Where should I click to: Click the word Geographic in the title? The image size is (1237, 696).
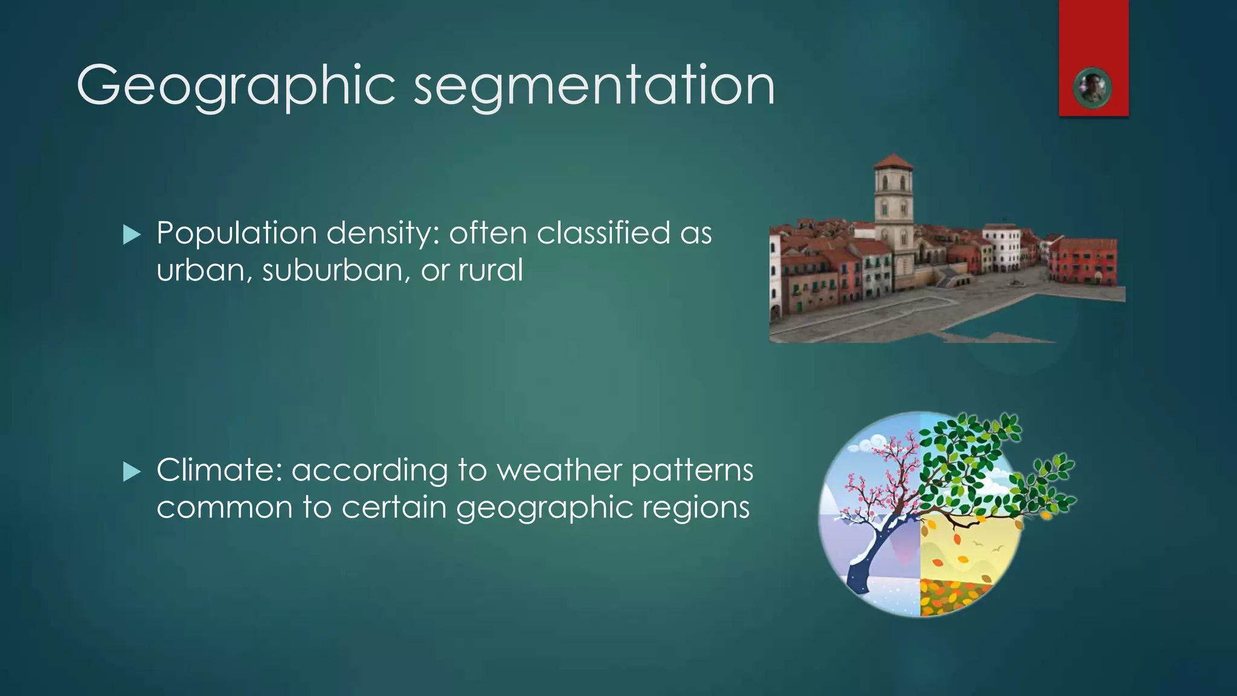236,86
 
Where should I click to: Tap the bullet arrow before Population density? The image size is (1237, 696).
131,235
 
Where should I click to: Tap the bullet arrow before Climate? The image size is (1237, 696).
131,472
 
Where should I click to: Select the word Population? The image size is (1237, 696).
236,233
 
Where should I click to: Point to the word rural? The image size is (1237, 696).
490,269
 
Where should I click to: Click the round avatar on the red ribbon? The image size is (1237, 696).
1093,88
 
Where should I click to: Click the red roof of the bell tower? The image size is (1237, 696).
893,162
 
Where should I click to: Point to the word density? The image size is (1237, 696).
382,233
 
